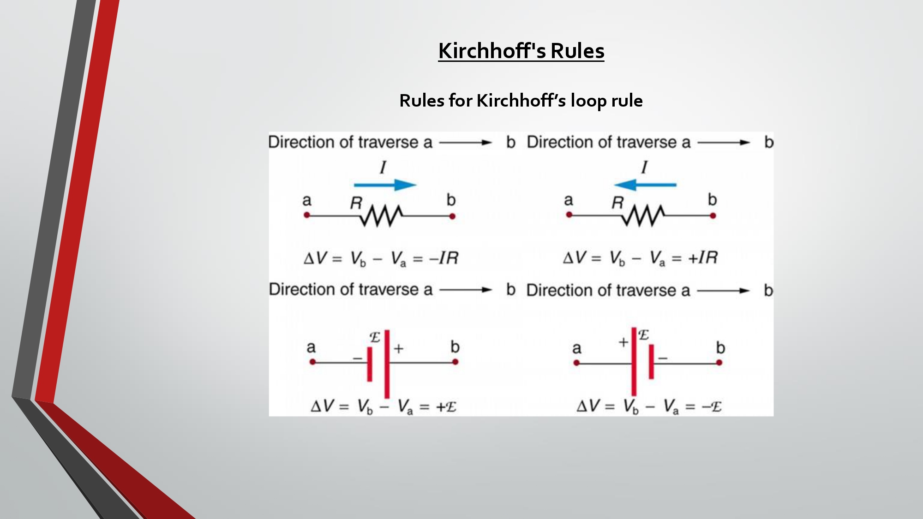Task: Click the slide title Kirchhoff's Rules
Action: coord(521,51)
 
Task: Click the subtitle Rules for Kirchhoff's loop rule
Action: coord(521,101)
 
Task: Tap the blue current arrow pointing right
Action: coord(385,185)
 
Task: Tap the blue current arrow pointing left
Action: coord(645,185)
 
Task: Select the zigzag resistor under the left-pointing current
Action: coord(643,215)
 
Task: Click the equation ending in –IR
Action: coord(381,258)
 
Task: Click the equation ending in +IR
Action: coord(641,258)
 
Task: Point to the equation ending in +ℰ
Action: coord(384,406)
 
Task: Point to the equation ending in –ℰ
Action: coord(649,406)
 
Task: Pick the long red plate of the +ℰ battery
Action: coord(387,364)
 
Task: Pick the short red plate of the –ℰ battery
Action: coord(651,362)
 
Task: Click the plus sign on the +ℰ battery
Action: coord(399,349)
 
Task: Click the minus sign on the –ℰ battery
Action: coord(663,358)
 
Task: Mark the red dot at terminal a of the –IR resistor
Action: coord(307,215)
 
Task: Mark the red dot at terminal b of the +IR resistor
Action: coord(713,215)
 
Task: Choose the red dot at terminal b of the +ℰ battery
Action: coord(455,362)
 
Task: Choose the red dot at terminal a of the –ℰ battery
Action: coord(576,363)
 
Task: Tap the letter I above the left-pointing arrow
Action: coord(644,167)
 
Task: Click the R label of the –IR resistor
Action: coord(356,203)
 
